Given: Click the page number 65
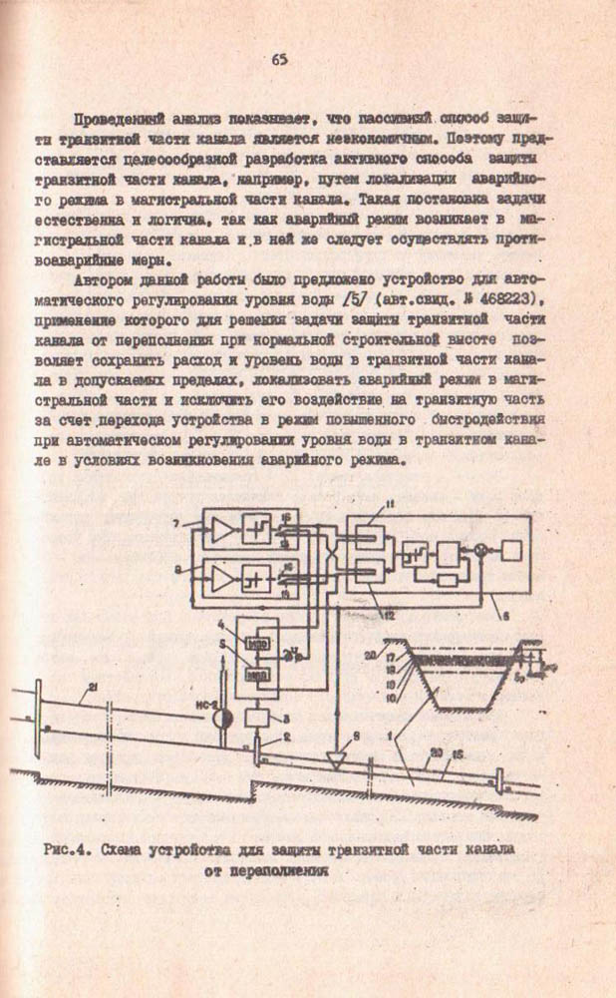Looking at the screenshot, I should point(278,58).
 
